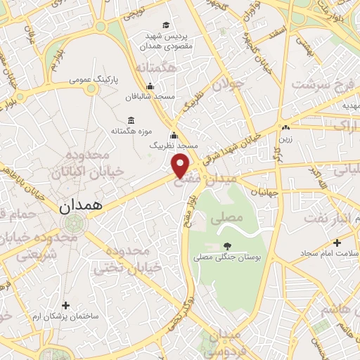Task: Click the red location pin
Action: point(181,165)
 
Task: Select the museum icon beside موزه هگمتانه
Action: point(131,120)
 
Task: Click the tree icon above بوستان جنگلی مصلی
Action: point(226,245)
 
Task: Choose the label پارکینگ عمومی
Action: point(97,80)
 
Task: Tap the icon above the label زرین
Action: point(285,128)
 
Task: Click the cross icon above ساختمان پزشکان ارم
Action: point(66,305)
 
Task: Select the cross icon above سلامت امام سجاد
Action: point(337,243)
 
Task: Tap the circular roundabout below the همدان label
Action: point(71,224)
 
